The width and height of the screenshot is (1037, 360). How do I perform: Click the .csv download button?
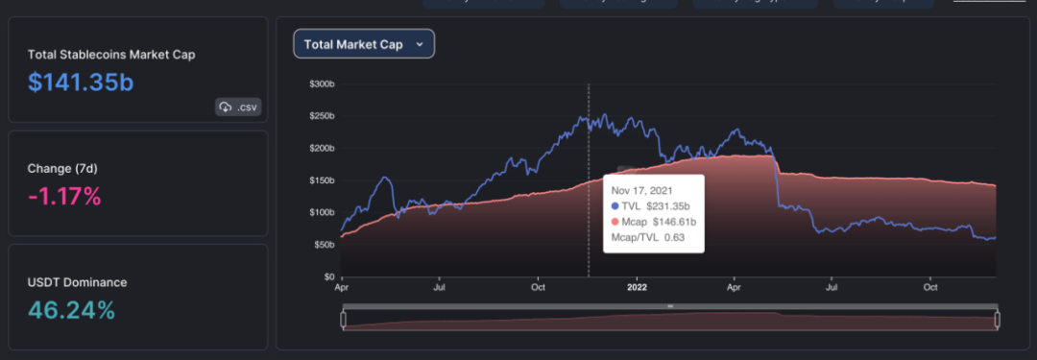tap(238, 108)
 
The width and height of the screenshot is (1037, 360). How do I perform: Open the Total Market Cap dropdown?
tap(364, 44)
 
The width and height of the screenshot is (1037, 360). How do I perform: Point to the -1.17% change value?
tap(64, 197)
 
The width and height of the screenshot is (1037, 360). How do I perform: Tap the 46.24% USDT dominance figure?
tap(71, 310)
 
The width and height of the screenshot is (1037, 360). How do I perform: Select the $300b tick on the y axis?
tap(322, 84)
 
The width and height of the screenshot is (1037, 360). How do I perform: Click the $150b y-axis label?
tap(322, 180)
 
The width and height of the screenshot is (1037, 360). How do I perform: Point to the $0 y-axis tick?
tap(328, 276)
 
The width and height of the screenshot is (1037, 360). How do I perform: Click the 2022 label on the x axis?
tap(637, 288)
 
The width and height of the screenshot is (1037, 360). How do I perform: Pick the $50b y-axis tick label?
tap(324, 245)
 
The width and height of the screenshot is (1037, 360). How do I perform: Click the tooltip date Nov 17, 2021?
tap(642, 191)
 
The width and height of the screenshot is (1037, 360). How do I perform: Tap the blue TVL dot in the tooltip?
tap(615, 205)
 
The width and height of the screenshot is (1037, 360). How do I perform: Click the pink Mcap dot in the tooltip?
tap(615, 222)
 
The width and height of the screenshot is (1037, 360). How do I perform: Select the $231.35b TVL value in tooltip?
tap(668, 205)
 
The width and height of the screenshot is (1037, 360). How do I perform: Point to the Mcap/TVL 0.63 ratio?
tap(648, 237)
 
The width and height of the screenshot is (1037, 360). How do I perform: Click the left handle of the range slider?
tap(343, 320)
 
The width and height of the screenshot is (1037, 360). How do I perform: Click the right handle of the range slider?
tap(997, 320)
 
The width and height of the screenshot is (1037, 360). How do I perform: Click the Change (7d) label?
tap(62, 169)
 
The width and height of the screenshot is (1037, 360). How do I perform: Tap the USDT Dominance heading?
tap(78, 282)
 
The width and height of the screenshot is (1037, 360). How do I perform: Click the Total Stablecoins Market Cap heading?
tap(111, 55)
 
